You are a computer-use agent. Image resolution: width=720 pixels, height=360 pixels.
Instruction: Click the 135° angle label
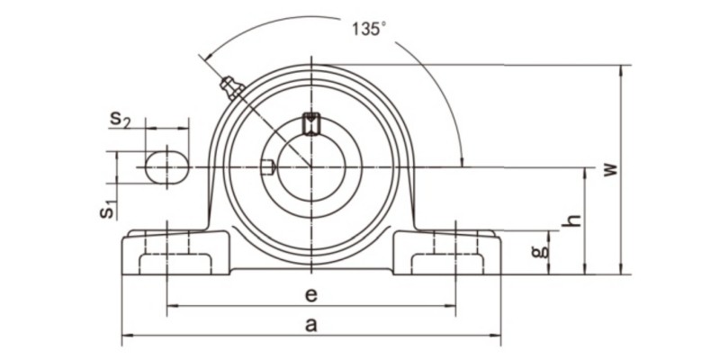point(367,28)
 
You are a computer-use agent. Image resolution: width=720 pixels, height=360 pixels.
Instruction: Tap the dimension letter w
point(611,169)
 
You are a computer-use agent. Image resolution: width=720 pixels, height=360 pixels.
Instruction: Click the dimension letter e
point(310,294)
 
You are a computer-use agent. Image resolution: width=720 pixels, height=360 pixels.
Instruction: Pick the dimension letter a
point(310,326)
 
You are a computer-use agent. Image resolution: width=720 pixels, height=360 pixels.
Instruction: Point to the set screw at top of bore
point(311,121)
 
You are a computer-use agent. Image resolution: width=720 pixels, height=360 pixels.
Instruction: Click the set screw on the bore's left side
point(265,166)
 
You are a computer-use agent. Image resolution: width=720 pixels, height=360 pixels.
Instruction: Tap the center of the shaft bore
point(311,167)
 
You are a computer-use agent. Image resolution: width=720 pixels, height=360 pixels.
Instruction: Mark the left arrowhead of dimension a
point(126,337)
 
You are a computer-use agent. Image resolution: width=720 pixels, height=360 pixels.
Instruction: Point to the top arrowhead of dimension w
point(620,69)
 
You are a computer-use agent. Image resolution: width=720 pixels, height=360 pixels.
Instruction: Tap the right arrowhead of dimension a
point(497,337)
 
